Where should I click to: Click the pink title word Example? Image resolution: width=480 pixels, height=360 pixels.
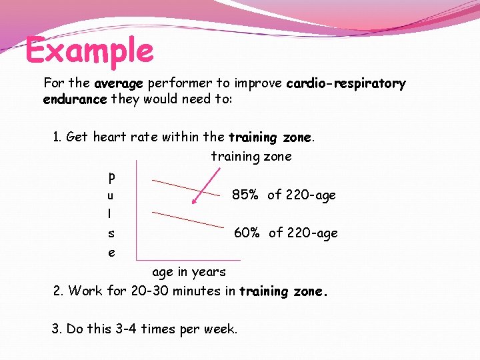click(x=89, y=51)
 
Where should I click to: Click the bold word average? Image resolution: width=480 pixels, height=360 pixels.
click(x=119, y=84)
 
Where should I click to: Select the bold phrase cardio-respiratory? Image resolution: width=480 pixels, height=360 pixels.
click(x=345, y=84)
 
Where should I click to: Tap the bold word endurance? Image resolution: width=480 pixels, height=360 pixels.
click(x=74, y=99)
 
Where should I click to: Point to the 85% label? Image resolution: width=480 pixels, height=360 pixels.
click(x=245, y=195)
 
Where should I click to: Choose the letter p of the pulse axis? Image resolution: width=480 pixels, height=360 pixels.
click(x=111, y=177)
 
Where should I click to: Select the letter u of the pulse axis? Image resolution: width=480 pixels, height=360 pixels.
click(x=111, y=196)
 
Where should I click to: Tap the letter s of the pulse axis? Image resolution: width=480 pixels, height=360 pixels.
click(x=111, y=234)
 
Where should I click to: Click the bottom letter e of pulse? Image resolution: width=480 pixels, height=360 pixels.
click(x=111, y=253)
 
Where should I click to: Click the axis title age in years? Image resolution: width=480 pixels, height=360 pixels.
click(x=189, y=272)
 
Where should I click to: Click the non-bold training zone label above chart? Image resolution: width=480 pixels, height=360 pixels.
click(x=251, y=157)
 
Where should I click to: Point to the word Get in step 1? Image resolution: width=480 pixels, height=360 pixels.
click(x=77, y=137)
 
